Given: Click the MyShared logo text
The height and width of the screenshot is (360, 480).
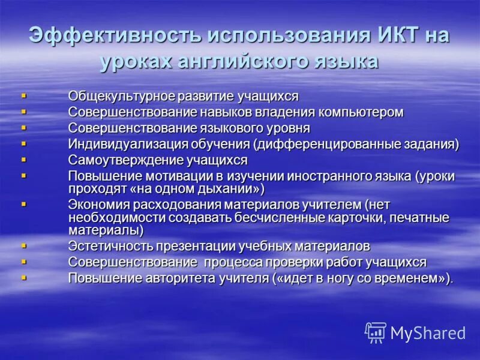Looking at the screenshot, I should click(428, 333).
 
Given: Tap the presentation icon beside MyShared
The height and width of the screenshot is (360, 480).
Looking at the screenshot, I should click(376, 332).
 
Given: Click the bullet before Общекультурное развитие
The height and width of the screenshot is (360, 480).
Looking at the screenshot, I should click(24, 95).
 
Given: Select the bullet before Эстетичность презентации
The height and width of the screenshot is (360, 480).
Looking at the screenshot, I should click(24, 245).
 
